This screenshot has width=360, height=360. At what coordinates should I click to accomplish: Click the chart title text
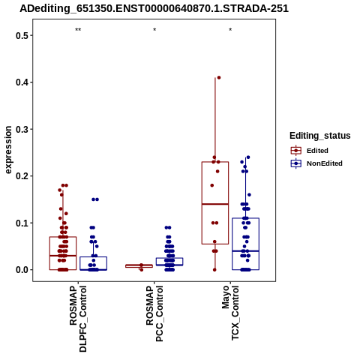154,9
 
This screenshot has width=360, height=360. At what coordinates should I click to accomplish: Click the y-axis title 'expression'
8,150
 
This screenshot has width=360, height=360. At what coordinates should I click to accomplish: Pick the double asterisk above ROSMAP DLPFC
78,30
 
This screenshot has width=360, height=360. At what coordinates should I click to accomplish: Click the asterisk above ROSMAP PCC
154,30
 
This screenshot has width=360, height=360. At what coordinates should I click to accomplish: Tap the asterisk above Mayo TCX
230,30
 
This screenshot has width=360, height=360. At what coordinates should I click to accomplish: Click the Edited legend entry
310,151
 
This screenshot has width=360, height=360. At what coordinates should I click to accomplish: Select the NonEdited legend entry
316,163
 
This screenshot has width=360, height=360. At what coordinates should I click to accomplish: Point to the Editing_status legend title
320,136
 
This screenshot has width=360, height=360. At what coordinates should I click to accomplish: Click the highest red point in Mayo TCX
219,77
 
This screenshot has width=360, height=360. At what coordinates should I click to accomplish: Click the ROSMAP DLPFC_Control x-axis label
78,319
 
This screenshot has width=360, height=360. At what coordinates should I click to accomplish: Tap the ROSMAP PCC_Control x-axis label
154,313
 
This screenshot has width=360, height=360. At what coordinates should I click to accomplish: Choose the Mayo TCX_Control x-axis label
230,313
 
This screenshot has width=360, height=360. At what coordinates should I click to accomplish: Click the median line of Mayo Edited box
215,204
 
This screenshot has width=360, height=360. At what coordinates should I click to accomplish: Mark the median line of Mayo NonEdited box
245,250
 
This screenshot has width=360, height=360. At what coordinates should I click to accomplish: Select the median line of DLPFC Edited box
63,256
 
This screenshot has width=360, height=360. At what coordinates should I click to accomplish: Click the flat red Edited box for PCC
139,266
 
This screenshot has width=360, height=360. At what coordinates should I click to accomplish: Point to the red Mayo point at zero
214,270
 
